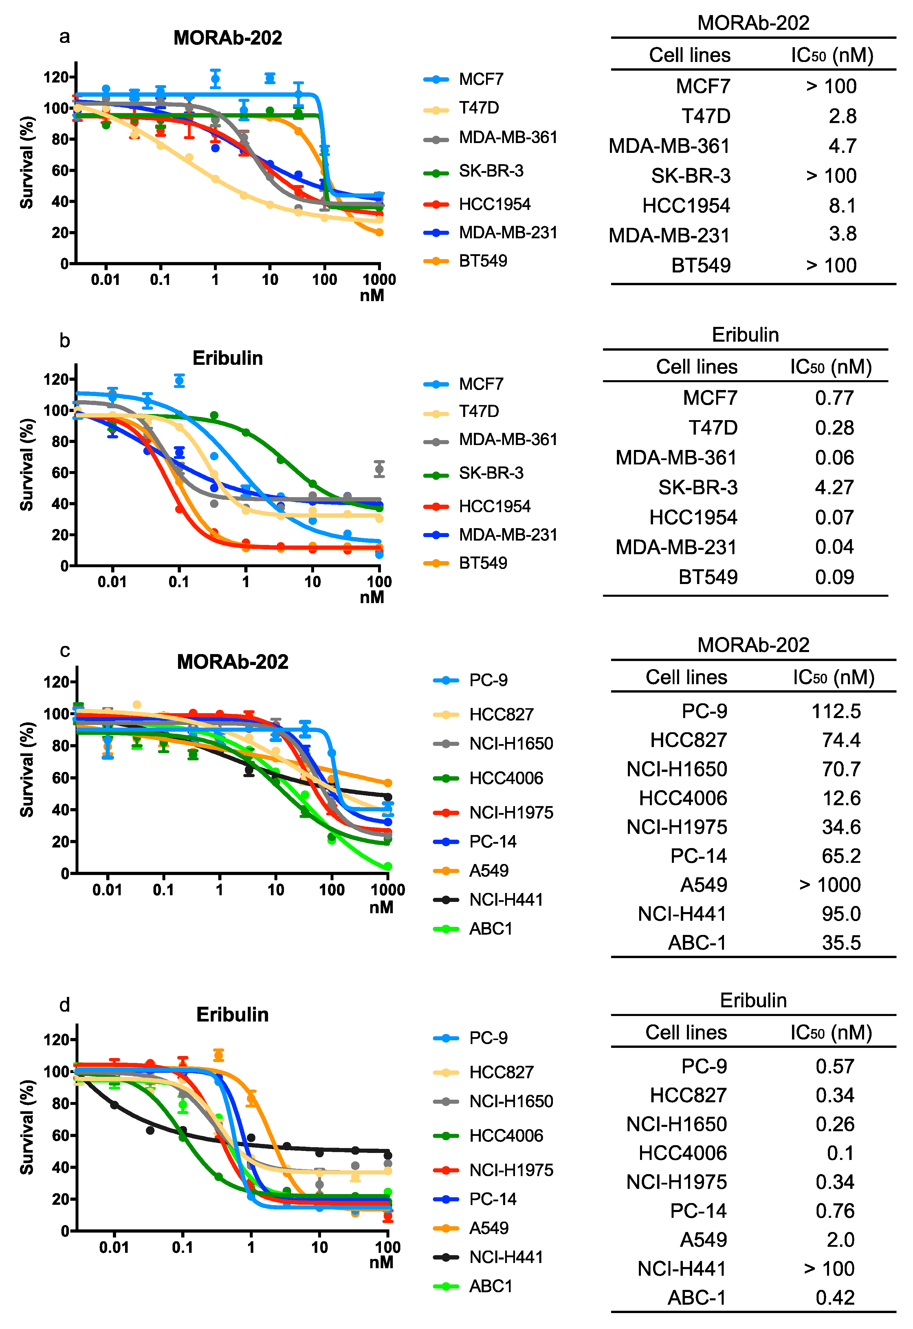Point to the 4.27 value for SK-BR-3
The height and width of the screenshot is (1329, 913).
[834, 487]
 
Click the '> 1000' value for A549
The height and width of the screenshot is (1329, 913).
[829, 885]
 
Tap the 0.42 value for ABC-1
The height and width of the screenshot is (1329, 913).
[835, 1297]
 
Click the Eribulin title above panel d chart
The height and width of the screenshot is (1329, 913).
[232, 1014]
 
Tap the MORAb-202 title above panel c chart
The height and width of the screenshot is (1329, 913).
[232, 662]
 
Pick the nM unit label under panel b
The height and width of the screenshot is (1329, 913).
[372, 597]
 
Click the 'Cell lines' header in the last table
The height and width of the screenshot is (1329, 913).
[686, 1032]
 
